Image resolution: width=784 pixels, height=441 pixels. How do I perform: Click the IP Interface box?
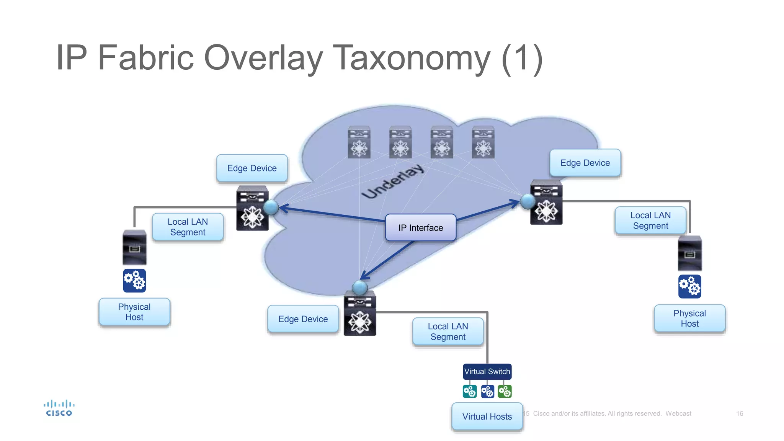point(420,228)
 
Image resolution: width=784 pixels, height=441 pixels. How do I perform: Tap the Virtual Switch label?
point(487,371)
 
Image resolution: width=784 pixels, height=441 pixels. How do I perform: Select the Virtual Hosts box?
point(487,416)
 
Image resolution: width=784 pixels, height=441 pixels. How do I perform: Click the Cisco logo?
point(59,408)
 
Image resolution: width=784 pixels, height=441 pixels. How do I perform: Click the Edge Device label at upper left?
point(252,168)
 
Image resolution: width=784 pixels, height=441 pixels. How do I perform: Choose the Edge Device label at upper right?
point(585,163)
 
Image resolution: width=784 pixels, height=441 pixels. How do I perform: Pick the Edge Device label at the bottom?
point(303,319)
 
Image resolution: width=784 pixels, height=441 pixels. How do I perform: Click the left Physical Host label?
point(134,312)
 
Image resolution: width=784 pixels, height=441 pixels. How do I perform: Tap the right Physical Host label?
point(689,318)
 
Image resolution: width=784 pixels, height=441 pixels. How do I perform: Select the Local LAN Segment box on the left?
point(188,227)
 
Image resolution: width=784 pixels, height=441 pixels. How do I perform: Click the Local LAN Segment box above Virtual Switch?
point(448,332)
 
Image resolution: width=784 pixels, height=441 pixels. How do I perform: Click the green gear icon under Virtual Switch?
point(505,392)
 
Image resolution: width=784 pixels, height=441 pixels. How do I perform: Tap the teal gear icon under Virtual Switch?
point(470,392)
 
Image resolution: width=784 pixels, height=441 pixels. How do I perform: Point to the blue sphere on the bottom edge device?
point(359,287)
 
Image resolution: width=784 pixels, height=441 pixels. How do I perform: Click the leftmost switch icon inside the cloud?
point(359,142)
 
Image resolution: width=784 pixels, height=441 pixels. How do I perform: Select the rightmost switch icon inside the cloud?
point(483,142)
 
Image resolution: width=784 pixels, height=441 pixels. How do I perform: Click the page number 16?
point(739,413)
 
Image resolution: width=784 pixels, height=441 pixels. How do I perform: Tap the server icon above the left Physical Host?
point(134,248)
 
